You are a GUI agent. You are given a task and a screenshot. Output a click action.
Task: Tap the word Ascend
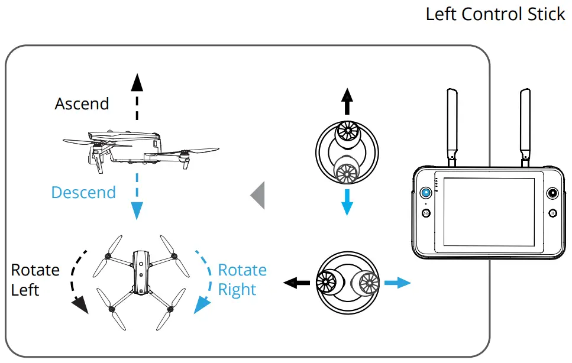[82, 104]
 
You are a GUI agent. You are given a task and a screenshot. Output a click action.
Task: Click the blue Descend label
[83, 192]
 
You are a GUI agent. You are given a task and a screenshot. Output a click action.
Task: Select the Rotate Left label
[35, 280]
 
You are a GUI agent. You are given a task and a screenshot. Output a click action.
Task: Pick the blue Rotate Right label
[242, 280]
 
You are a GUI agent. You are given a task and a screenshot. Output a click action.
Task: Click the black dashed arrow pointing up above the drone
[137, 97]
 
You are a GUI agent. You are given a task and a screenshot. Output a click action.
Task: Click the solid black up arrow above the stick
[347, 102]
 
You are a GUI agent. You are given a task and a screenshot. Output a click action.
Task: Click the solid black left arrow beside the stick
[296, 283]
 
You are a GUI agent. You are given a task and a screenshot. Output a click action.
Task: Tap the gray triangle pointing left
[257, 196]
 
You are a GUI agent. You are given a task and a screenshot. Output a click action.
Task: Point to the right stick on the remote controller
[552, 193]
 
